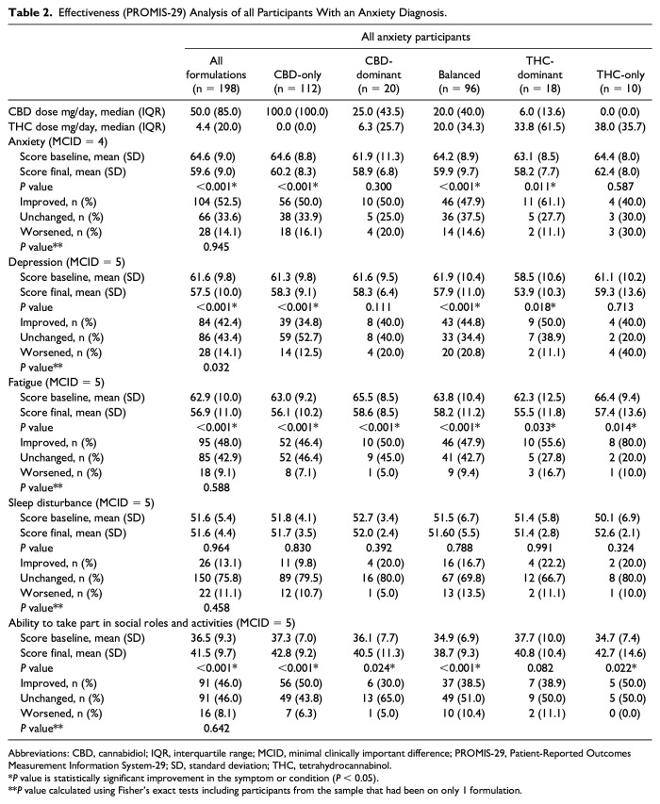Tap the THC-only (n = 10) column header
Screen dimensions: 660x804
point(620,81)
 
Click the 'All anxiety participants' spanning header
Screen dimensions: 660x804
point(416,37)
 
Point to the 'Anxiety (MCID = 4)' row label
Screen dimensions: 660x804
point(58,141)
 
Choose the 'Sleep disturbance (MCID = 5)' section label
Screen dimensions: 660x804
point(81,502)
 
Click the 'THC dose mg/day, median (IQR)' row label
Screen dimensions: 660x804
point(87,126)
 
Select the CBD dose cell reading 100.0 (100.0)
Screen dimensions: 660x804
point(297,112)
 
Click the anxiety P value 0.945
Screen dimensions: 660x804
point(217,247)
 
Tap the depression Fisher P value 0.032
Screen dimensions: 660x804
point(217,368)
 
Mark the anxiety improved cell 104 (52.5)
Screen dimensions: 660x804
point(218,202)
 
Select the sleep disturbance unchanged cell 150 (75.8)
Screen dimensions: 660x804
point(217,578)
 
